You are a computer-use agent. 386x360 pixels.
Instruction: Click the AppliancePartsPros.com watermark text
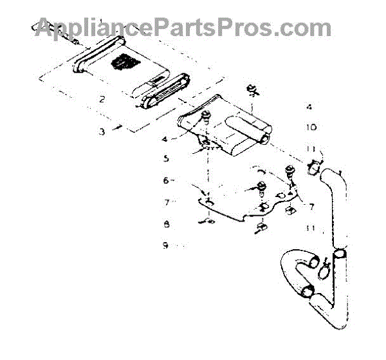(x=183, y=28)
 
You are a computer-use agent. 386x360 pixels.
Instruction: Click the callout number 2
(x=101, y=99)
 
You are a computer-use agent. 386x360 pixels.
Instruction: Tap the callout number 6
(x=165, y=180)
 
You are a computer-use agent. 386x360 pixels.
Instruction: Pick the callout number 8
(x=165, y=225)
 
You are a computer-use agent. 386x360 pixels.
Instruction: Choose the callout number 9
(x=165, y=245)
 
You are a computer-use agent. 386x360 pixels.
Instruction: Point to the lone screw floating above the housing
(x=253, y=90)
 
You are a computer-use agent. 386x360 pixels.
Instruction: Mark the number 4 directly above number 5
(x=165, y=137)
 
